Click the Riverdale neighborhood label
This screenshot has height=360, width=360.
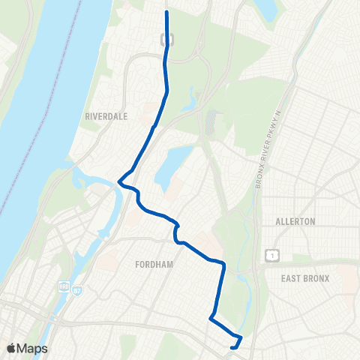pos(107,117)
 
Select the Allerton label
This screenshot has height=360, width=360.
pos(295,222)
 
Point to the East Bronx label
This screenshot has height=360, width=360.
pos(305,278)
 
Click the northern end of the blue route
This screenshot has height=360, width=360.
pos(166,12)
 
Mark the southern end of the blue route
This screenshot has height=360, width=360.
pos(233,347)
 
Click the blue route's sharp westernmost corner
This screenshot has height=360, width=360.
pos(118,181)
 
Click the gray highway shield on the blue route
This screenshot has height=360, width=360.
pos(166,39)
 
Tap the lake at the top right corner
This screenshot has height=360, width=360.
pos(266,9)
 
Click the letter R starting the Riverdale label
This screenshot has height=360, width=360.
pos(88,117)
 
